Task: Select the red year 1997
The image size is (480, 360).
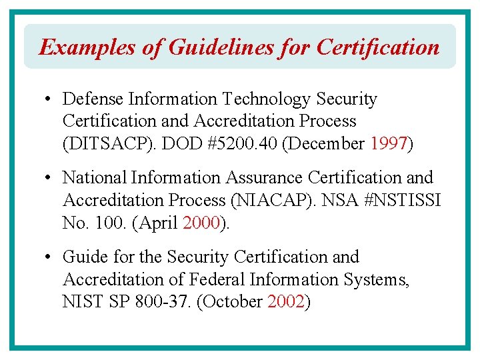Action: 388,144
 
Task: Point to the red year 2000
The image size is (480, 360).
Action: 201,223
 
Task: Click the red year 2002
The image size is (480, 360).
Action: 285,301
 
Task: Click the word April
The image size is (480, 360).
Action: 157,223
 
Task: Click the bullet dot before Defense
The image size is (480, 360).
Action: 49,100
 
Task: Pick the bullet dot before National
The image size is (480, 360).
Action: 49,179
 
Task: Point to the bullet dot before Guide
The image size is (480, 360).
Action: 49,257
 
